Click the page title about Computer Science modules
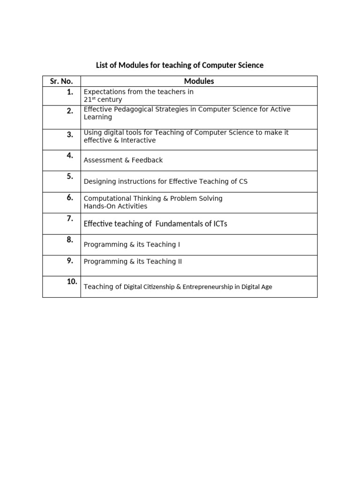(x=180, y=65)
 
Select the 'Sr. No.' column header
(x=61, y=81)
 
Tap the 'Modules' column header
(x=199, y=81)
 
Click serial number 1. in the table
(x=70, y=92)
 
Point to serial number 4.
(x=70, y=156)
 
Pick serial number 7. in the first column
(x=70, y=219)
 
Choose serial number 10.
(x=72, y=282)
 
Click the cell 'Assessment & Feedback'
(x=123, y=160)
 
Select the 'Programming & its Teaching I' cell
(x=132, y=245)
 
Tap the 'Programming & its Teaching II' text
(x=133, y=262)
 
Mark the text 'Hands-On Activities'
(x=115, y=206)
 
